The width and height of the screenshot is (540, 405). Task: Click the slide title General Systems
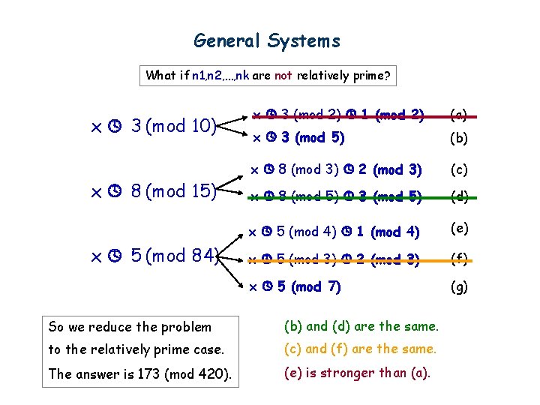[x=267, y=40]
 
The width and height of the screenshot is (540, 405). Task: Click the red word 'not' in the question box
[x=283, y=75]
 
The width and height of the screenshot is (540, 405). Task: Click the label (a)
[x=458, y=115]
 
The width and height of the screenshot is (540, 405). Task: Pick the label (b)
[x=458, y=138]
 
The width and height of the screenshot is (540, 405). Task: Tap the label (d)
[x=458, y=197]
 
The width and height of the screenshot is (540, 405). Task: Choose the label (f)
[x=458, y=259]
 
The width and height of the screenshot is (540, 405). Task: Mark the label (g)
[x=458, y=286]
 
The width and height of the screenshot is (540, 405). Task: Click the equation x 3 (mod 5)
[x=298, y=138]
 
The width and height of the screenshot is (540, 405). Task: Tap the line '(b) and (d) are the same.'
[x=361, y=325]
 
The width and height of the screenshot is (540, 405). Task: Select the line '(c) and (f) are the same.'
[x=360, y=349]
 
